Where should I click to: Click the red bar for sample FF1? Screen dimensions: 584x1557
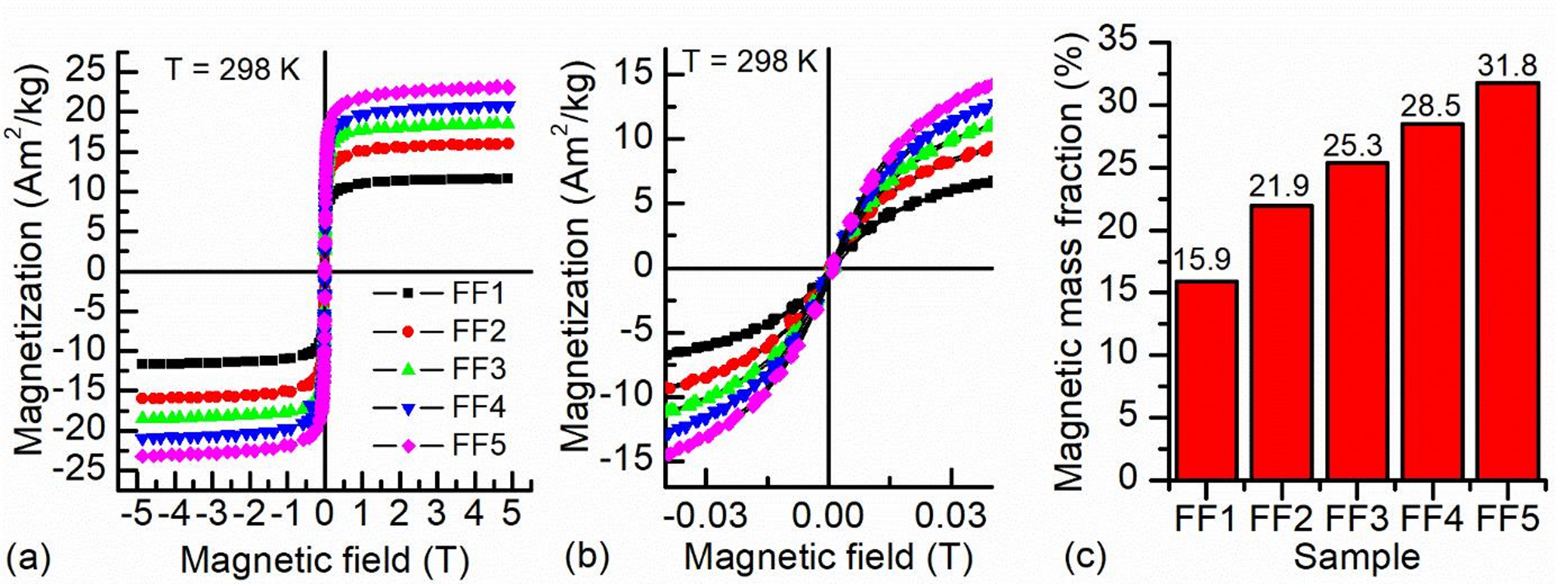tap(1205, 380)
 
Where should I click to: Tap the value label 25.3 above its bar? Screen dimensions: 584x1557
tap(1354, 147)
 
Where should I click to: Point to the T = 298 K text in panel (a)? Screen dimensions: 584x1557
tap(232, 70)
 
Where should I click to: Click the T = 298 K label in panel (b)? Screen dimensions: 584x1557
tap(751, 60)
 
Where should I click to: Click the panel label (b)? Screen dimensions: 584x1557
tap(587, 556)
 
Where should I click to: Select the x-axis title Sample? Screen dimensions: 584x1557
tap(1356, 557)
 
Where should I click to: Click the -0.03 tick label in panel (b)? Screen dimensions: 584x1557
tap(702, 515)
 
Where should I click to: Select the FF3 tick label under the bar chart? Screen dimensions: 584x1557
tap(1355, 519)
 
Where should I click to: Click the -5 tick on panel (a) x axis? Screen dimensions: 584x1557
tap(137, 513)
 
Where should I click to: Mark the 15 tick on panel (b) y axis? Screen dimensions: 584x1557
tap(633, 74)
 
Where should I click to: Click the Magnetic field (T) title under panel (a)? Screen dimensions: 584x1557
tap(324, 558)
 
